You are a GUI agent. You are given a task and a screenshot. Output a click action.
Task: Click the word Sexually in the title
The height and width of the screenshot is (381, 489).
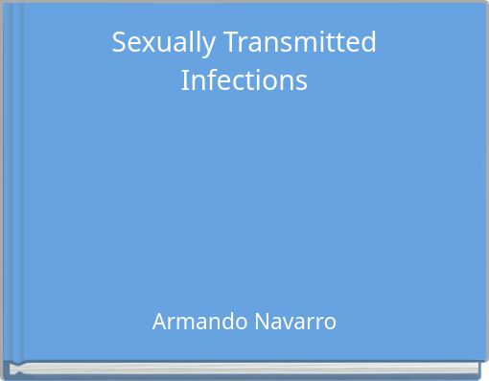point(158,44)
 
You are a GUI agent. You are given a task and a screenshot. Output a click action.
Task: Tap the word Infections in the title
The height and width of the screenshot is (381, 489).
point(244,80)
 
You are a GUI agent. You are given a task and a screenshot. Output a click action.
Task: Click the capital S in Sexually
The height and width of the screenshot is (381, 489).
point(119,43)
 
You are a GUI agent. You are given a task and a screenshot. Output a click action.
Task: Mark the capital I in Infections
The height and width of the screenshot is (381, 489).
point(184,80)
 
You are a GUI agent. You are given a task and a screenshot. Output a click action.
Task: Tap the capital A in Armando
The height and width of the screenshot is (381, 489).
point(159,322)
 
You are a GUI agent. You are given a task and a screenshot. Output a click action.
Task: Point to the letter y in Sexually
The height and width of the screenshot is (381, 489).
point(196,46)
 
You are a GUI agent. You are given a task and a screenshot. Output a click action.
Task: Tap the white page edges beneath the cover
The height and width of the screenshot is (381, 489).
point(244,367)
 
